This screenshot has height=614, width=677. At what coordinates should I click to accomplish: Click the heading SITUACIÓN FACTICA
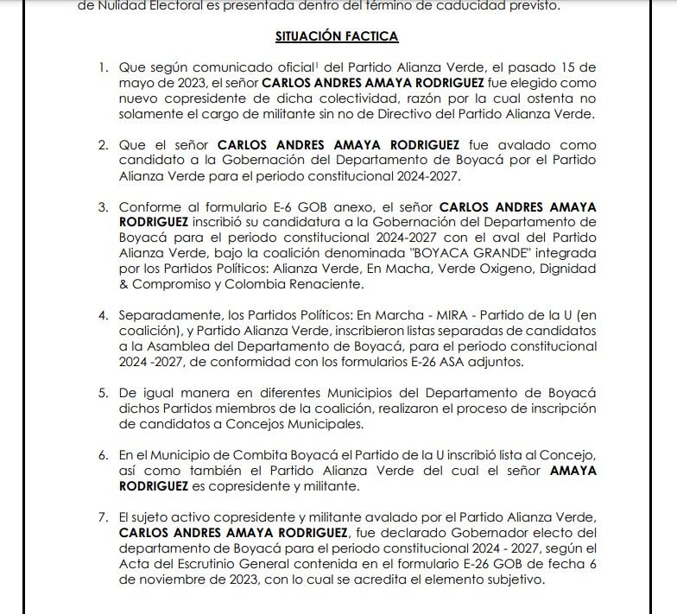pos(337,36)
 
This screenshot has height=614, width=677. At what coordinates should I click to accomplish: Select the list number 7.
pos(103,516)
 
